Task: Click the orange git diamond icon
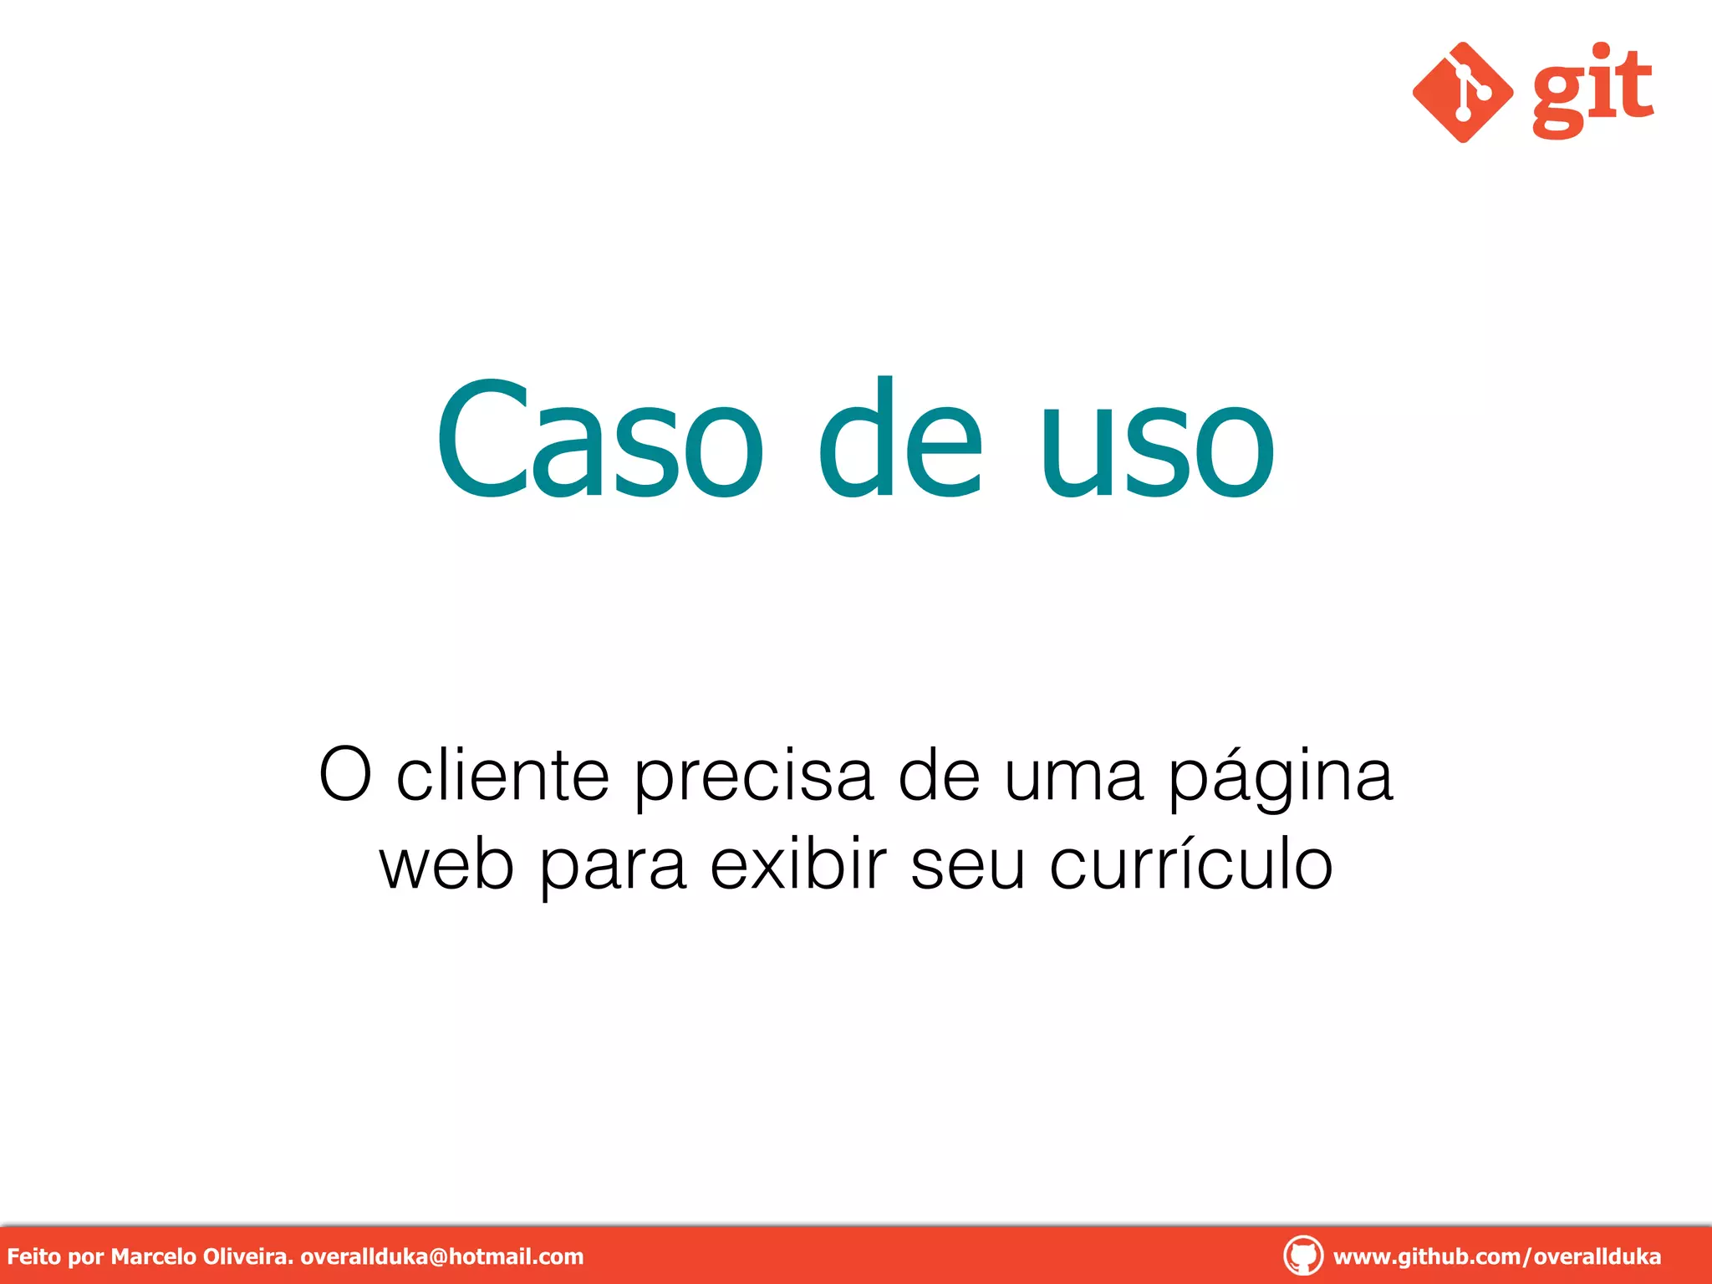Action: coord(1462,92)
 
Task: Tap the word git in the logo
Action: coord(1592,90)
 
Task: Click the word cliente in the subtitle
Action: coord(502,776)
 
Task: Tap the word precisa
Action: coord(753,776)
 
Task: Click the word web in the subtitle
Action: coord(446,864)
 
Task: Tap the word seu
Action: coord(967,866)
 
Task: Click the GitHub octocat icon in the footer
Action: coord(1302,1256)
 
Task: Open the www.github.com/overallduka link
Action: coord(1496,1256)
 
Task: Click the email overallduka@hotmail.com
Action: coord(441,1256)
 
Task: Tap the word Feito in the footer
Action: coord(33,1256)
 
